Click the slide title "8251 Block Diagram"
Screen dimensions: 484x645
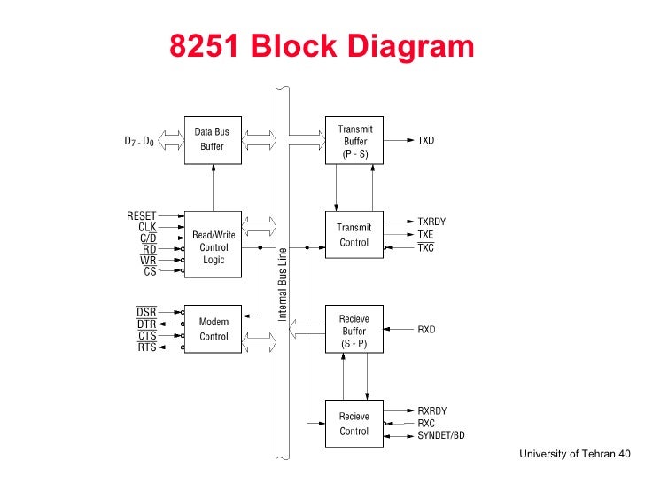click(322, 46)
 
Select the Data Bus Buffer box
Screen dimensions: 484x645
click(212, 139)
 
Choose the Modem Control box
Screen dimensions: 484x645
click(212, 329)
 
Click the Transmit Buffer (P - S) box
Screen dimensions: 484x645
click(354, 140)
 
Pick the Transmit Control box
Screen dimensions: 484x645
click(354, 235)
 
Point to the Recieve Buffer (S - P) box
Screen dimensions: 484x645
click(354, 330)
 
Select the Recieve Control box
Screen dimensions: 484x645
click(354, 424)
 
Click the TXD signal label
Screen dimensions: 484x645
click(427, 140)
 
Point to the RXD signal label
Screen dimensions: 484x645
click(427, 330)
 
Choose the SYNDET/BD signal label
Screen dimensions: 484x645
click(441, 435)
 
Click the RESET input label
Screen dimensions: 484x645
click(142, 215)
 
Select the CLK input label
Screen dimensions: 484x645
click(147, 227)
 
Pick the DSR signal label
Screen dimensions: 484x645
click(146, 313)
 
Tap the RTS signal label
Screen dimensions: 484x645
click(146, 347)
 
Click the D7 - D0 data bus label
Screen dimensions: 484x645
click(139, 140)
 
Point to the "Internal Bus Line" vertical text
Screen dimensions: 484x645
click(284, 284)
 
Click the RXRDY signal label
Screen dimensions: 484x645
click(432, 410)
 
